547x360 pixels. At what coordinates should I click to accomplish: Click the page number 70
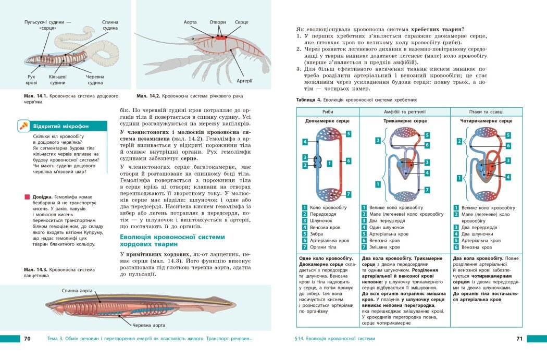[28, 339]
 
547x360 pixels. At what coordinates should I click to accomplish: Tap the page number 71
[519, 339]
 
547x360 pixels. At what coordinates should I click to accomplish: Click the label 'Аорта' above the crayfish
[191, 22]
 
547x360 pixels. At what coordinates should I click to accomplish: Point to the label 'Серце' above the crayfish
[241, 22]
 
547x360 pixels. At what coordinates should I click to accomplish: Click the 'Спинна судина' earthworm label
[110, 26]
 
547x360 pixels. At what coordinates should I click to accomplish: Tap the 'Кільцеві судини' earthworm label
[58, 80]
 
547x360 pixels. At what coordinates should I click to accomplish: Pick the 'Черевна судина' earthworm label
[95, 80]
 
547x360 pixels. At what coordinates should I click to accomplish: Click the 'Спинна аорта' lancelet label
[78, 290]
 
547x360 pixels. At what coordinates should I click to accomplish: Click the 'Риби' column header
[328, 111]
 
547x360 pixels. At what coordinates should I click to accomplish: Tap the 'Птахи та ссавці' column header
[486, 111]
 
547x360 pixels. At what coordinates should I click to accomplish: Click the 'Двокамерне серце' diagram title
[328, 121]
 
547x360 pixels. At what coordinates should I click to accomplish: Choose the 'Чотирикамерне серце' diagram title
[486, 121]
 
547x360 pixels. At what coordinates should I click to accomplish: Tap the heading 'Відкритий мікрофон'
[61, 126]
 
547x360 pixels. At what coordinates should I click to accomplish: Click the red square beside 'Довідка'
[27, 197]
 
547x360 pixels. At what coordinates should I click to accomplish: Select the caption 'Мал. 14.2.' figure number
[148, 96]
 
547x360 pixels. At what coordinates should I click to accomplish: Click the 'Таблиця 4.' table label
[308, 100]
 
